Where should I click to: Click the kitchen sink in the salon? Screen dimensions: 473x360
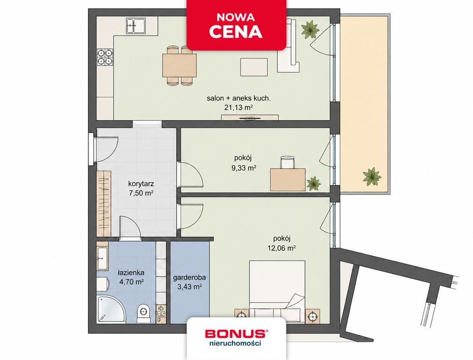[136, 26]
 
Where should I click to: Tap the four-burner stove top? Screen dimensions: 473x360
[105, 57]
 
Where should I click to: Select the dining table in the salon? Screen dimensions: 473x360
[179, 65]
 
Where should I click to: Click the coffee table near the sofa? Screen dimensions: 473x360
[254, 67]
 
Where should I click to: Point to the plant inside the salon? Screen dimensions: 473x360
[310, 29]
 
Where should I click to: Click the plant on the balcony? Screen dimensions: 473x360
[372, 176]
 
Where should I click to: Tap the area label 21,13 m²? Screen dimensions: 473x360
[238, 107]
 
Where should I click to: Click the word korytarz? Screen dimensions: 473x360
[141, 184]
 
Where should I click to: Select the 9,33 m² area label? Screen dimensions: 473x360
[244, 168]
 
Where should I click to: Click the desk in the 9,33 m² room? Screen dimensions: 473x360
[288, 180]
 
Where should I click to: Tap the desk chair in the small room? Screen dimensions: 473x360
[287, 162]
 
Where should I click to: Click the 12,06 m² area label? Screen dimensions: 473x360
[281, 248]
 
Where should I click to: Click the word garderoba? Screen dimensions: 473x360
[190, 277]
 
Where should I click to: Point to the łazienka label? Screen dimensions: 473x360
[131, 273]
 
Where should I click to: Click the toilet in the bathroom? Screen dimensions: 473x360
[143, 314]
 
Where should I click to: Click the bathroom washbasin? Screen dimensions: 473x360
[102, 259]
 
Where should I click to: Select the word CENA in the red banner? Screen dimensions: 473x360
[236, 32]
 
